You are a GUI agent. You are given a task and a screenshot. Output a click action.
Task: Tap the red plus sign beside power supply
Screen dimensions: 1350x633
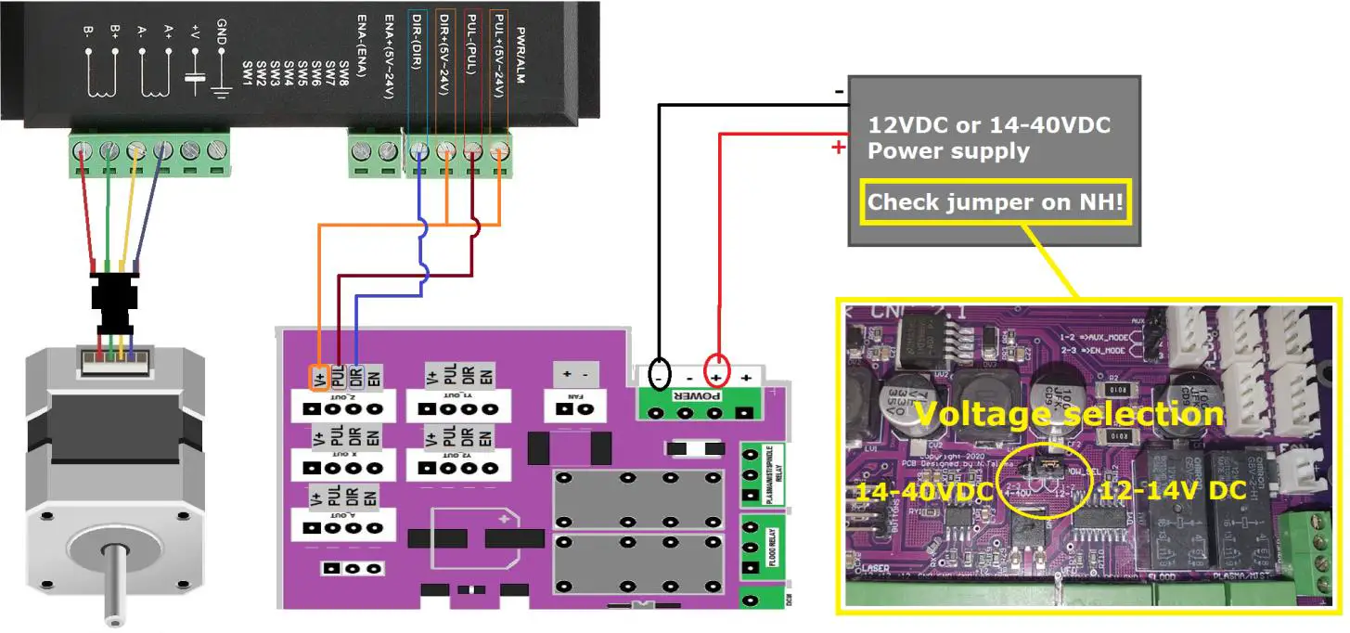pyautogui.click(x=839, y=147)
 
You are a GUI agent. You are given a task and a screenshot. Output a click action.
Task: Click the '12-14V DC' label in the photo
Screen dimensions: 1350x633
pyautogui.click(x=1172, y=490)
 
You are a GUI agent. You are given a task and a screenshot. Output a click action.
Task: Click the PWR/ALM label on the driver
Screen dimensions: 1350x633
pyautogui.click(x=520, y=56)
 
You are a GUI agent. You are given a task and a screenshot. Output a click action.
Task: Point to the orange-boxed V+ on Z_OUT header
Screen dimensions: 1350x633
pyautogui.click(x=317, y=377)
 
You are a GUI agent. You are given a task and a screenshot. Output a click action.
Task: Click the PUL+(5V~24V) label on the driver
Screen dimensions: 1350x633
pyautogui.click(x=499, y=59)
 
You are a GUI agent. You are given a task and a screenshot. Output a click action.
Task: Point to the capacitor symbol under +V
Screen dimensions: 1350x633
pyautogui.click(x=194, y=79)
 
